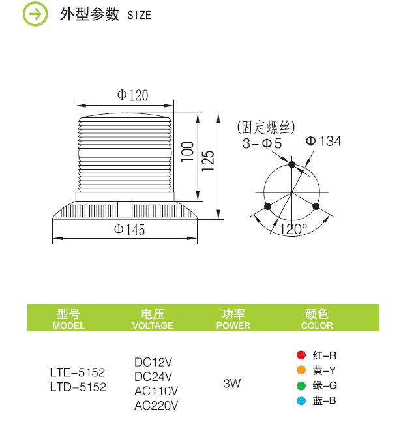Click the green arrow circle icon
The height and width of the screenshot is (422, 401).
click(x=35, y=14)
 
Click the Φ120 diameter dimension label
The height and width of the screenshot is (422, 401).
click(x=132, y=95)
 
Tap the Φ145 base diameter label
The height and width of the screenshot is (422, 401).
click(x=130, y=230)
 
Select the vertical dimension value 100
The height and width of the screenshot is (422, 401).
click(x=188, y=152)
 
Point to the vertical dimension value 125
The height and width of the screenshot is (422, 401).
click(x=208, y=160)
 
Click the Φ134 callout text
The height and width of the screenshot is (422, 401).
click(x=324, y=141)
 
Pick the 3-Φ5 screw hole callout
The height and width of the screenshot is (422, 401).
click(x=262, y=143)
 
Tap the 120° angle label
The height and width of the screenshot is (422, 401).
click(x=293, y=229)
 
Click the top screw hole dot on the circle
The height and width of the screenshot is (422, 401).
click(x=291, y=164)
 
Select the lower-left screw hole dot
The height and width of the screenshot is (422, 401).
click(x=267, y=206)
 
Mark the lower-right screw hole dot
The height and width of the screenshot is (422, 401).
click(x=316, y=206)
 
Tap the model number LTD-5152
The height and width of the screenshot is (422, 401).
click(x=78, y=387)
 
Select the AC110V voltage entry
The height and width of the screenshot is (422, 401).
click(x=156, y=391)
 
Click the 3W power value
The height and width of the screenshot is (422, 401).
click(x=231, y=384)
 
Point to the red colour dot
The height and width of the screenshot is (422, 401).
click(x=301, y=355)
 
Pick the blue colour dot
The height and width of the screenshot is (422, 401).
click(x=301, y=400)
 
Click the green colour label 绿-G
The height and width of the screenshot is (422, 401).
click(x=325, y=385)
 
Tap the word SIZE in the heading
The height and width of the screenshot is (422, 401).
click(x=139, y=15)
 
